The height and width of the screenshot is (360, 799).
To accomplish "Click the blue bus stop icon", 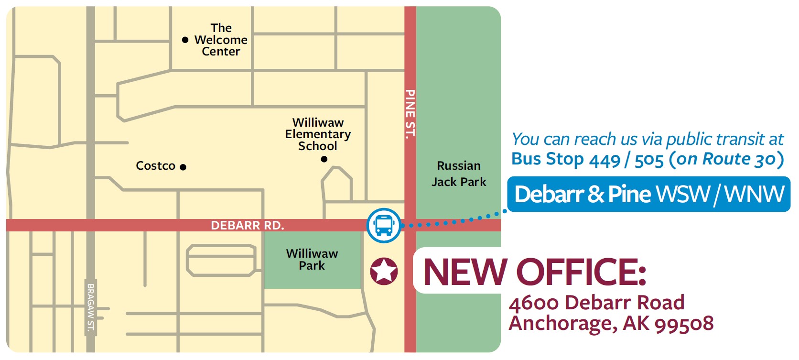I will (x=384, y=225).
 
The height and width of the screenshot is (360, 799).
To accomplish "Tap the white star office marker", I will (x=384, y=271).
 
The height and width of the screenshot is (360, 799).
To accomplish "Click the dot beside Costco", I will (x=183, y=167).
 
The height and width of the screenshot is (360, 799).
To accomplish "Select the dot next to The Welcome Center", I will (x=185, y=40).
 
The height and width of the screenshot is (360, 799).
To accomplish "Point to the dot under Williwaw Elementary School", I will (x=324, y=159).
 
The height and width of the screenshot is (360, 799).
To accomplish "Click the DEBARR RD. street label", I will (x=247, y=225).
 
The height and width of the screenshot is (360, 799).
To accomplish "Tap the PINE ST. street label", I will (x=410, y=114).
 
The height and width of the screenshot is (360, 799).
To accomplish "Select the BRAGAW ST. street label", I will (x=91, y=307).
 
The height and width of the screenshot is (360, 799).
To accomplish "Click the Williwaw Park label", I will (x=312, y=260).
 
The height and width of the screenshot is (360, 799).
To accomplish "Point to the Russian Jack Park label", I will (x=459, y=174).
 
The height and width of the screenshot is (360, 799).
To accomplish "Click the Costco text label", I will (x=155, y=166).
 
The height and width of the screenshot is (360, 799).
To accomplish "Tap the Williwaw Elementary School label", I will (x=318, y=134).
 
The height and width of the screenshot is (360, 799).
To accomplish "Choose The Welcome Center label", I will (x=221, y=40).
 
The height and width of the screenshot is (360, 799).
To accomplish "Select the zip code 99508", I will (x=684, y=324).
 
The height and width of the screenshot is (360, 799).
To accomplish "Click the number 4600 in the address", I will (x=533, y=303).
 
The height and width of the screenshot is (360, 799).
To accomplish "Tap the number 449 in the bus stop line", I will (x=604, y=160).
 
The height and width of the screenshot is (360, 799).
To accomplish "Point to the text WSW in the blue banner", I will (x=683, y=194).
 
